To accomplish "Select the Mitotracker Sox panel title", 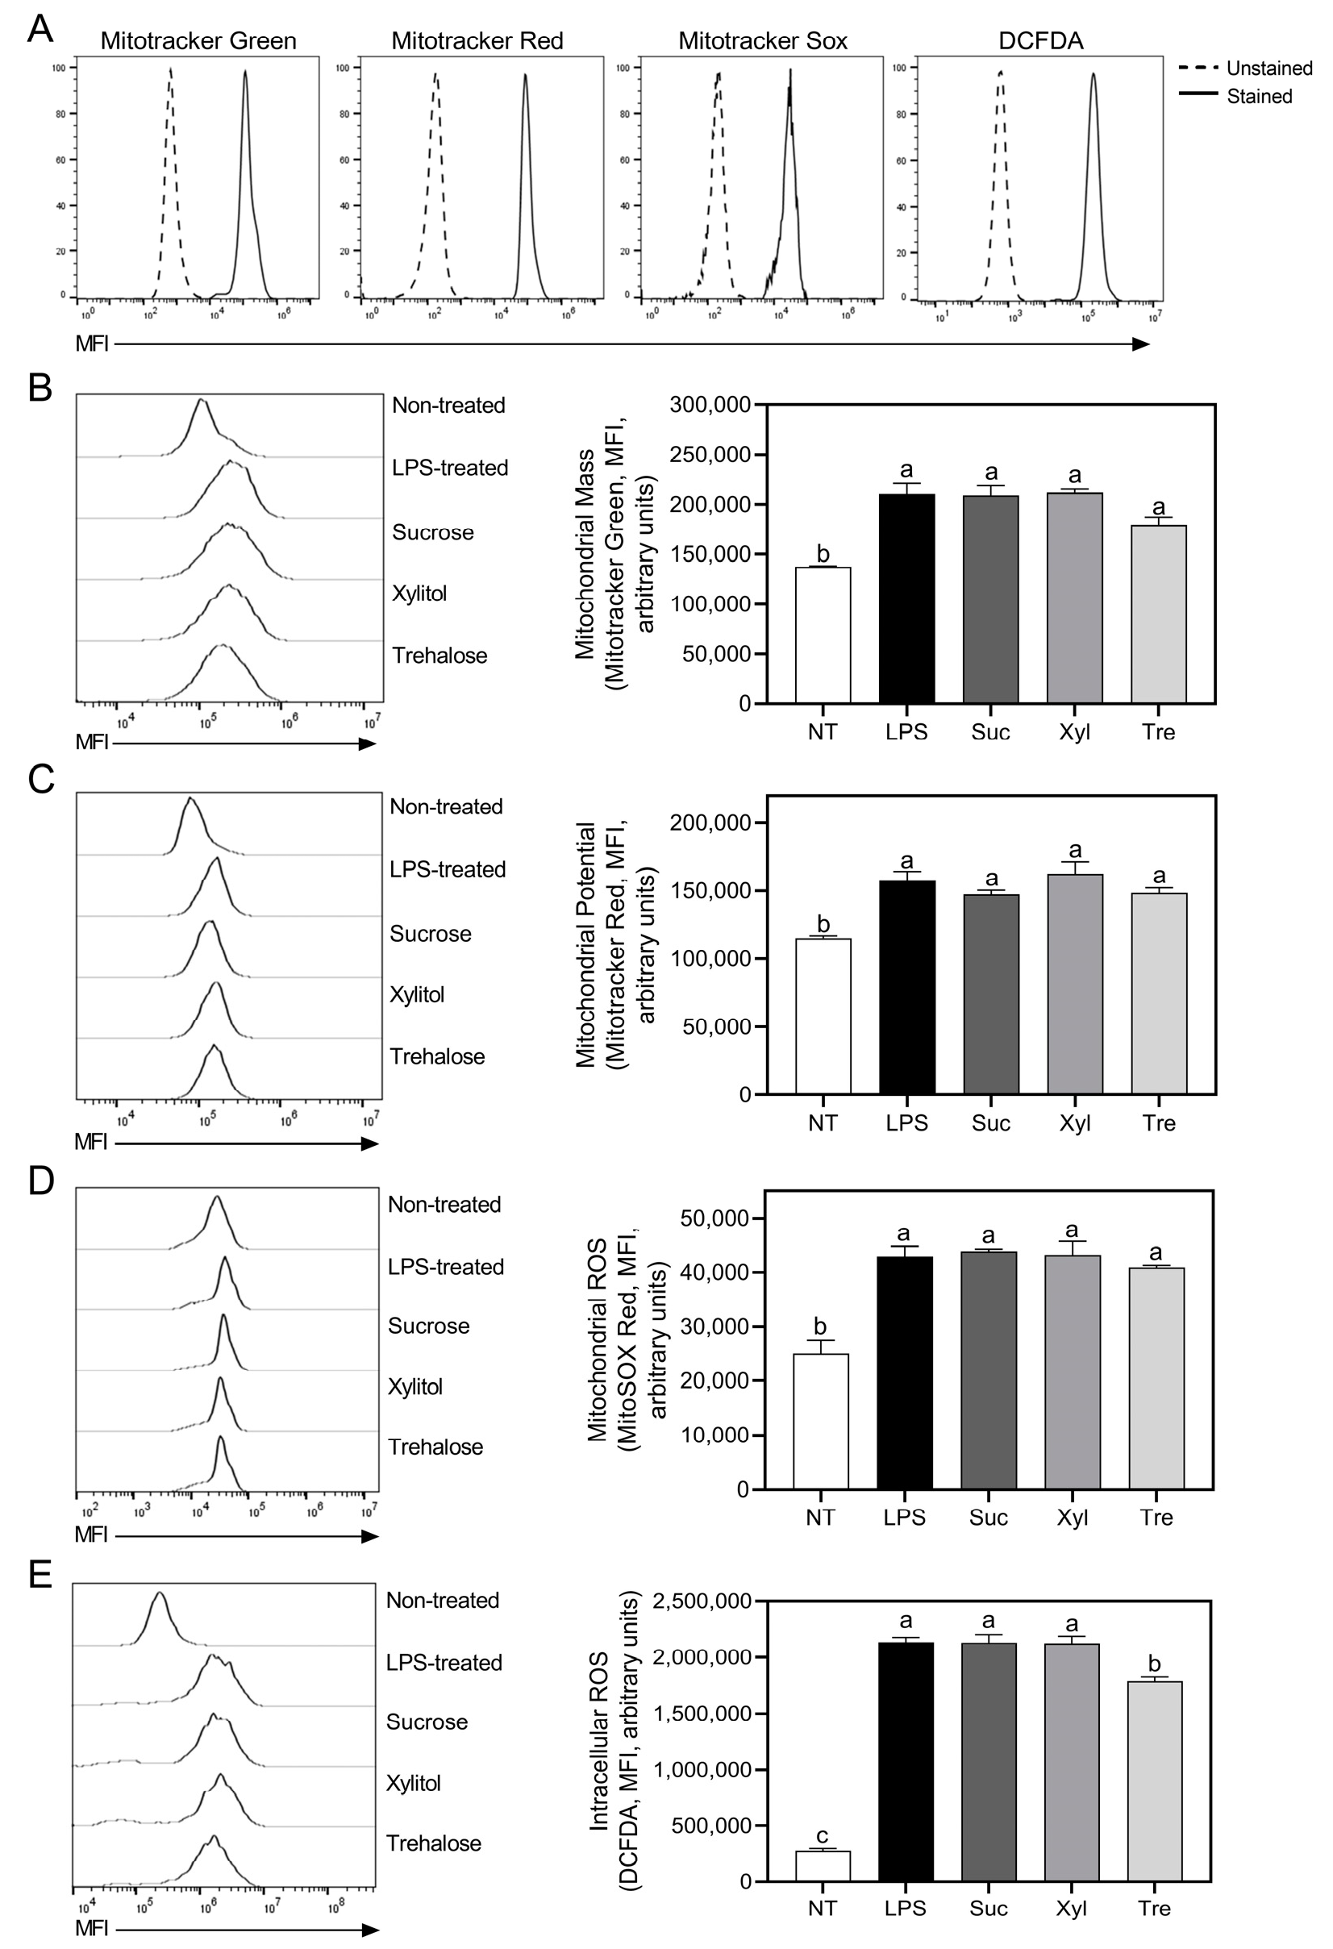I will click(x=763, y=40).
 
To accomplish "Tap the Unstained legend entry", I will click(x=1268, y=68).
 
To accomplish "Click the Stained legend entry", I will click(x=1258, y=97).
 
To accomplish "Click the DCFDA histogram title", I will click(x=1040, y=40).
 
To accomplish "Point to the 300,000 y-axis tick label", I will click(x=710, y=406).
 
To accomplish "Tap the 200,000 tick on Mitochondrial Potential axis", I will click(x=710, y=822).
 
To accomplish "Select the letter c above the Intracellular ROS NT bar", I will click(x=822, y=1836).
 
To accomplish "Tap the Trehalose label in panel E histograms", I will click(x=433, y=1843).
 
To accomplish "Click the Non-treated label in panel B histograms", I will click(x=448, y=406).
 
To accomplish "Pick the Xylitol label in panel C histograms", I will click(x=417, y=994).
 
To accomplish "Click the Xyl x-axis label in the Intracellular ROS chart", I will click(x=1071, y=1909).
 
